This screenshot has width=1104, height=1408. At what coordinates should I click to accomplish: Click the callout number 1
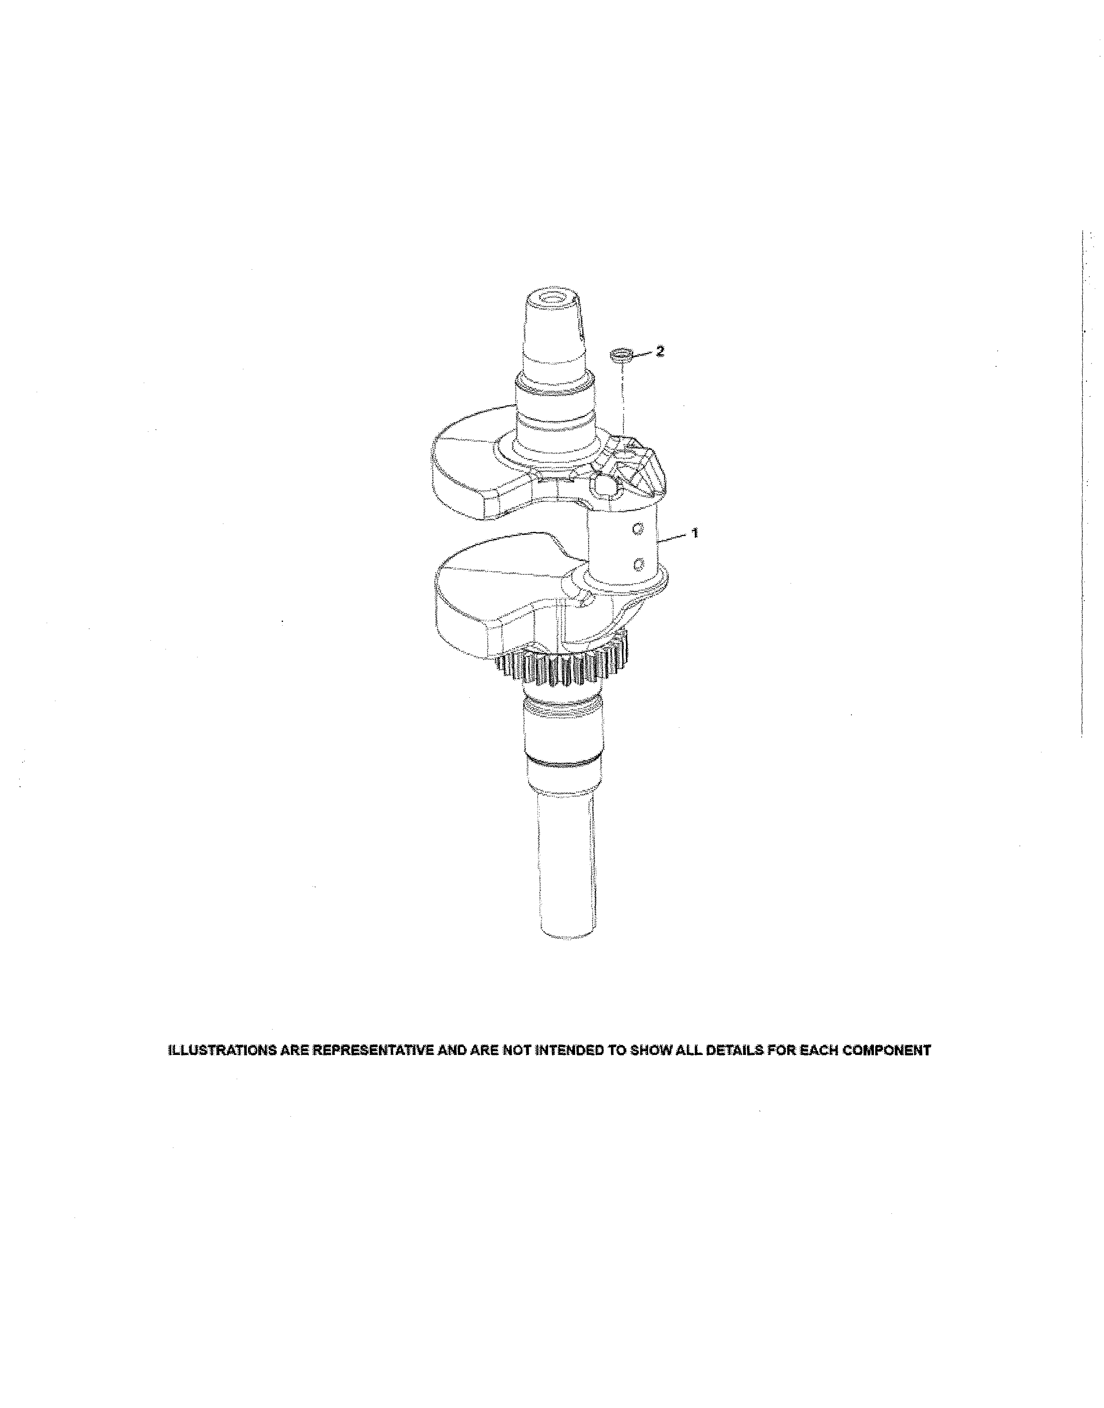tap(695, 534)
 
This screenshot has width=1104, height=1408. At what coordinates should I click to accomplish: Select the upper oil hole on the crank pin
tap(638, 529)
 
